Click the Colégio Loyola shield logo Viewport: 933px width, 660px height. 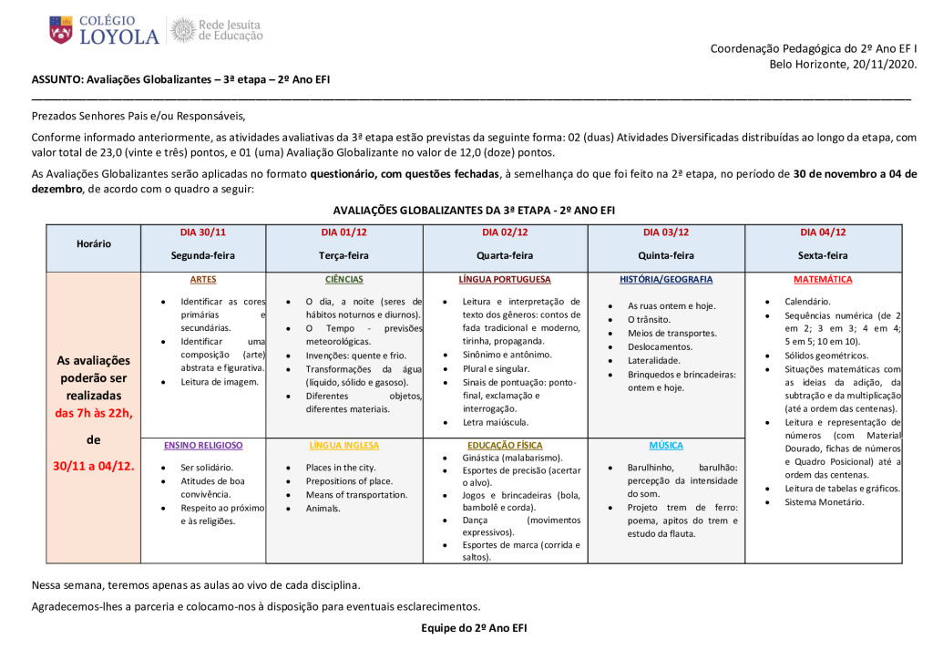click(x=62, y=30)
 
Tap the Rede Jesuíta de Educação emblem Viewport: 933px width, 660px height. click(x=183, y=30)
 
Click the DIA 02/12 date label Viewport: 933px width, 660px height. click(x=504, y=232)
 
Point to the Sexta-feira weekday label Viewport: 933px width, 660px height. click(x=823, y=255)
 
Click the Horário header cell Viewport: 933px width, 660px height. click(x=94, y=243)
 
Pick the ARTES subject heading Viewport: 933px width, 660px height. click(x=203, y=279)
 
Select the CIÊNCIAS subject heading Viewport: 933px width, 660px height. click(x=343, y=279)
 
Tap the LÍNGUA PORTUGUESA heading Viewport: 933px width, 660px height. click(x=505, y=279)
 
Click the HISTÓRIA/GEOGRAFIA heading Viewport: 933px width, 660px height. click(x=666, y=279)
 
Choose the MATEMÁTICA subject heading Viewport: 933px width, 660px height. click(x=823, y=279)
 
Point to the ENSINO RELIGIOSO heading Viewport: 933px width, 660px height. click(x=203, y=446)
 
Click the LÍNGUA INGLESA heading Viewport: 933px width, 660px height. click(x=343, y=446)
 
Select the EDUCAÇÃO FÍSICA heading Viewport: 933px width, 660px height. click(x=505, y=446)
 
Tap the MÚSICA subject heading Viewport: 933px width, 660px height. click(x=666, y=446)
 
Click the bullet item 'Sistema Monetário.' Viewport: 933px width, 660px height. click(x=824, y=501)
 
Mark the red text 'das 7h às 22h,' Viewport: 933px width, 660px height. click(x=95, y=413)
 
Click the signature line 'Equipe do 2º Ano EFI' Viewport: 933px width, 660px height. click(x=474, y=628)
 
